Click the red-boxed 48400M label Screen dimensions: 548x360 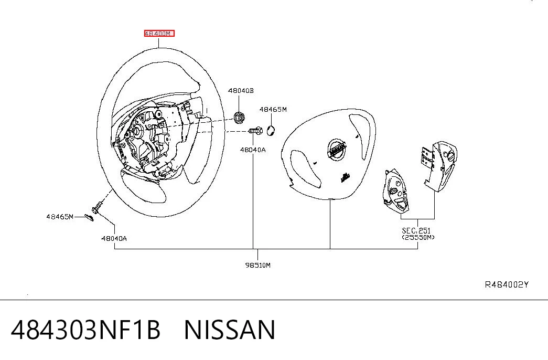[x=159, y=34]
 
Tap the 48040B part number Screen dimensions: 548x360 [x=241, y=91]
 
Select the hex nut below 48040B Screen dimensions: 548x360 [x=239, y=117]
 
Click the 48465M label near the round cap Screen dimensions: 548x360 [x=273, y=110]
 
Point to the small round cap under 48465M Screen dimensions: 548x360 [x=271, y=131]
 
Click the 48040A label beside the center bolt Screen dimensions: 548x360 [x=253, y=150]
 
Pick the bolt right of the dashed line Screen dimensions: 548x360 [x=255, y=131]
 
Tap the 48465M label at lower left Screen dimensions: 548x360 [x=60, y=217]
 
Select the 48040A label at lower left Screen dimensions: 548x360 [x=114, y=239]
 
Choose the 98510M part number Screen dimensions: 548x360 [x=258, y=265]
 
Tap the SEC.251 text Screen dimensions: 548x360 [x=416, y=230]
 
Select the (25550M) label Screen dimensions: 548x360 [x=418, y=237]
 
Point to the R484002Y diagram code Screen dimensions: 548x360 [x=507, y=285]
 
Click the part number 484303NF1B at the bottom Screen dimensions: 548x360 [x=85, y=330]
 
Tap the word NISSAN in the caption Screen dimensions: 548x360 [x=230, y=330]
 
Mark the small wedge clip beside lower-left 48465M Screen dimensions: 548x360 [x=89, y=218]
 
